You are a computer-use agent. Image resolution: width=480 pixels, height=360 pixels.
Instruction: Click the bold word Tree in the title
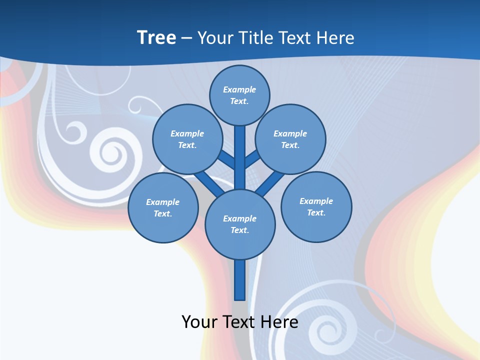point(156,37)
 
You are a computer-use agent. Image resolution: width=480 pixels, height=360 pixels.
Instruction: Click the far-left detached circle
point(163,207)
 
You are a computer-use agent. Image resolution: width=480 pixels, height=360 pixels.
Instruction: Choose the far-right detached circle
point(316,206)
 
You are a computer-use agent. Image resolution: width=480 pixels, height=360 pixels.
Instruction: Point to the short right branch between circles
point(252,159)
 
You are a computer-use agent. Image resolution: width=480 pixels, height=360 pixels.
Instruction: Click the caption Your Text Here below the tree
point(240,321)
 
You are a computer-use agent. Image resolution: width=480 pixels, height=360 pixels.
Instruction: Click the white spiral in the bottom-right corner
point(325,330)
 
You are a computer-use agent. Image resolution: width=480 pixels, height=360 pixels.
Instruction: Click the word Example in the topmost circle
point(239,89)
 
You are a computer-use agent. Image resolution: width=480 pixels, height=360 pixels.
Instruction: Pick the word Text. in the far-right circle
point(316,212)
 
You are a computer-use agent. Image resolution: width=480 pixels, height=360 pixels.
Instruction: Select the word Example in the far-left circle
point(162,202)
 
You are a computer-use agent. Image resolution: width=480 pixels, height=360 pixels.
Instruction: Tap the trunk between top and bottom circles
point(240,160)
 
